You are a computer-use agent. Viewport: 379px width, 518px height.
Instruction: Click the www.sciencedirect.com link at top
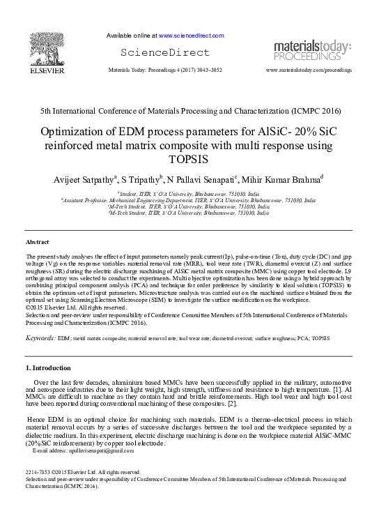192,35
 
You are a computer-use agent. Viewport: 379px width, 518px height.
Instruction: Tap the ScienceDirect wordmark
165,52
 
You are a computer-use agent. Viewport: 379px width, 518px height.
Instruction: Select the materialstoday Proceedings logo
311,50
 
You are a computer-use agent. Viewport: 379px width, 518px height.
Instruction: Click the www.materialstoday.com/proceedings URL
309,70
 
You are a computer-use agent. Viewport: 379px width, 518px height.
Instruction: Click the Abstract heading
36,241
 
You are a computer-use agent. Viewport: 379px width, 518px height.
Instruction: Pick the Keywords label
40,337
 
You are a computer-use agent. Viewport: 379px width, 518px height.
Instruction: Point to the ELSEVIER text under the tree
47,70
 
